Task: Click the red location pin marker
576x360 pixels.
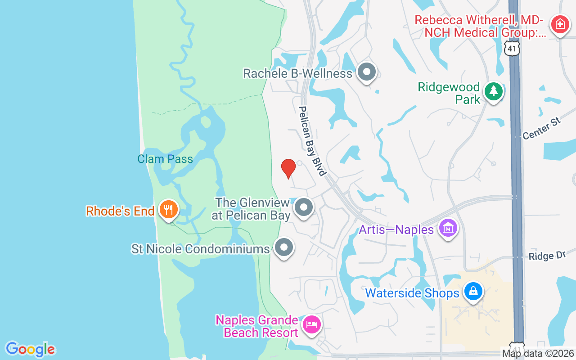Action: pos(288,168)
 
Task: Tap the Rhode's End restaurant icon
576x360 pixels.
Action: pos(168,210)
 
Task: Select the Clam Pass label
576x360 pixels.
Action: pos(165,159)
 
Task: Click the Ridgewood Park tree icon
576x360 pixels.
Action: pos(494,91)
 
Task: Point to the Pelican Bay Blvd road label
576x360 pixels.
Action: pos(312,141)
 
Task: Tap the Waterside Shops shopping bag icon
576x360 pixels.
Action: pos(473,292)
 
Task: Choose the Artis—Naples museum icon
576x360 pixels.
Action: pos(448,229)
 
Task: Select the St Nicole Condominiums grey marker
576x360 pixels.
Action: pos(284,247)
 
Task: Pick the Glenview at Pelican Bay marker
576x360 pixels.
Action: pos(304,207)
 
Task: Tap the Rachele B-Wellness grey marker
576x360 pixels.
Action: pos(367,72)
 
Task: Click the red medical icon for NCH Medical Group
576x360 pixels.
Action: pos(560,23)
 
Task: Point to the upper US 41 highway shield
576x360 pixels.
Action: pos(512,48)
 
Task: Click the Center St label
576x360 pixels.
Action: pos(542,128)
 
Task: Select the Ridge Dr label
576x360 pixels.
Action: pos(547,256)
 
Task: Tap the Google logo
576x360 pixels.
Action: pos(30,349)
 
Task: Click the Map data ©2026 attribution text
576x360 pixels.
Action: pos(538,354)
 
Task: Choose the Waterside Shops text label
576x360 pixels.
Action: pos(412,293)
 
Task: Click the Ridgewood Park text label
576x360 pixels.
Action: pos(449,93)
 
